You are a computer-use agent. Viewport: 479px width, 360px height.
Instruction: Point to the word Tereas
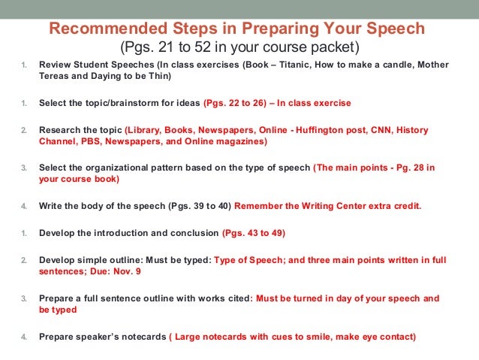pyautogui.click(x=55, y=76)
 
